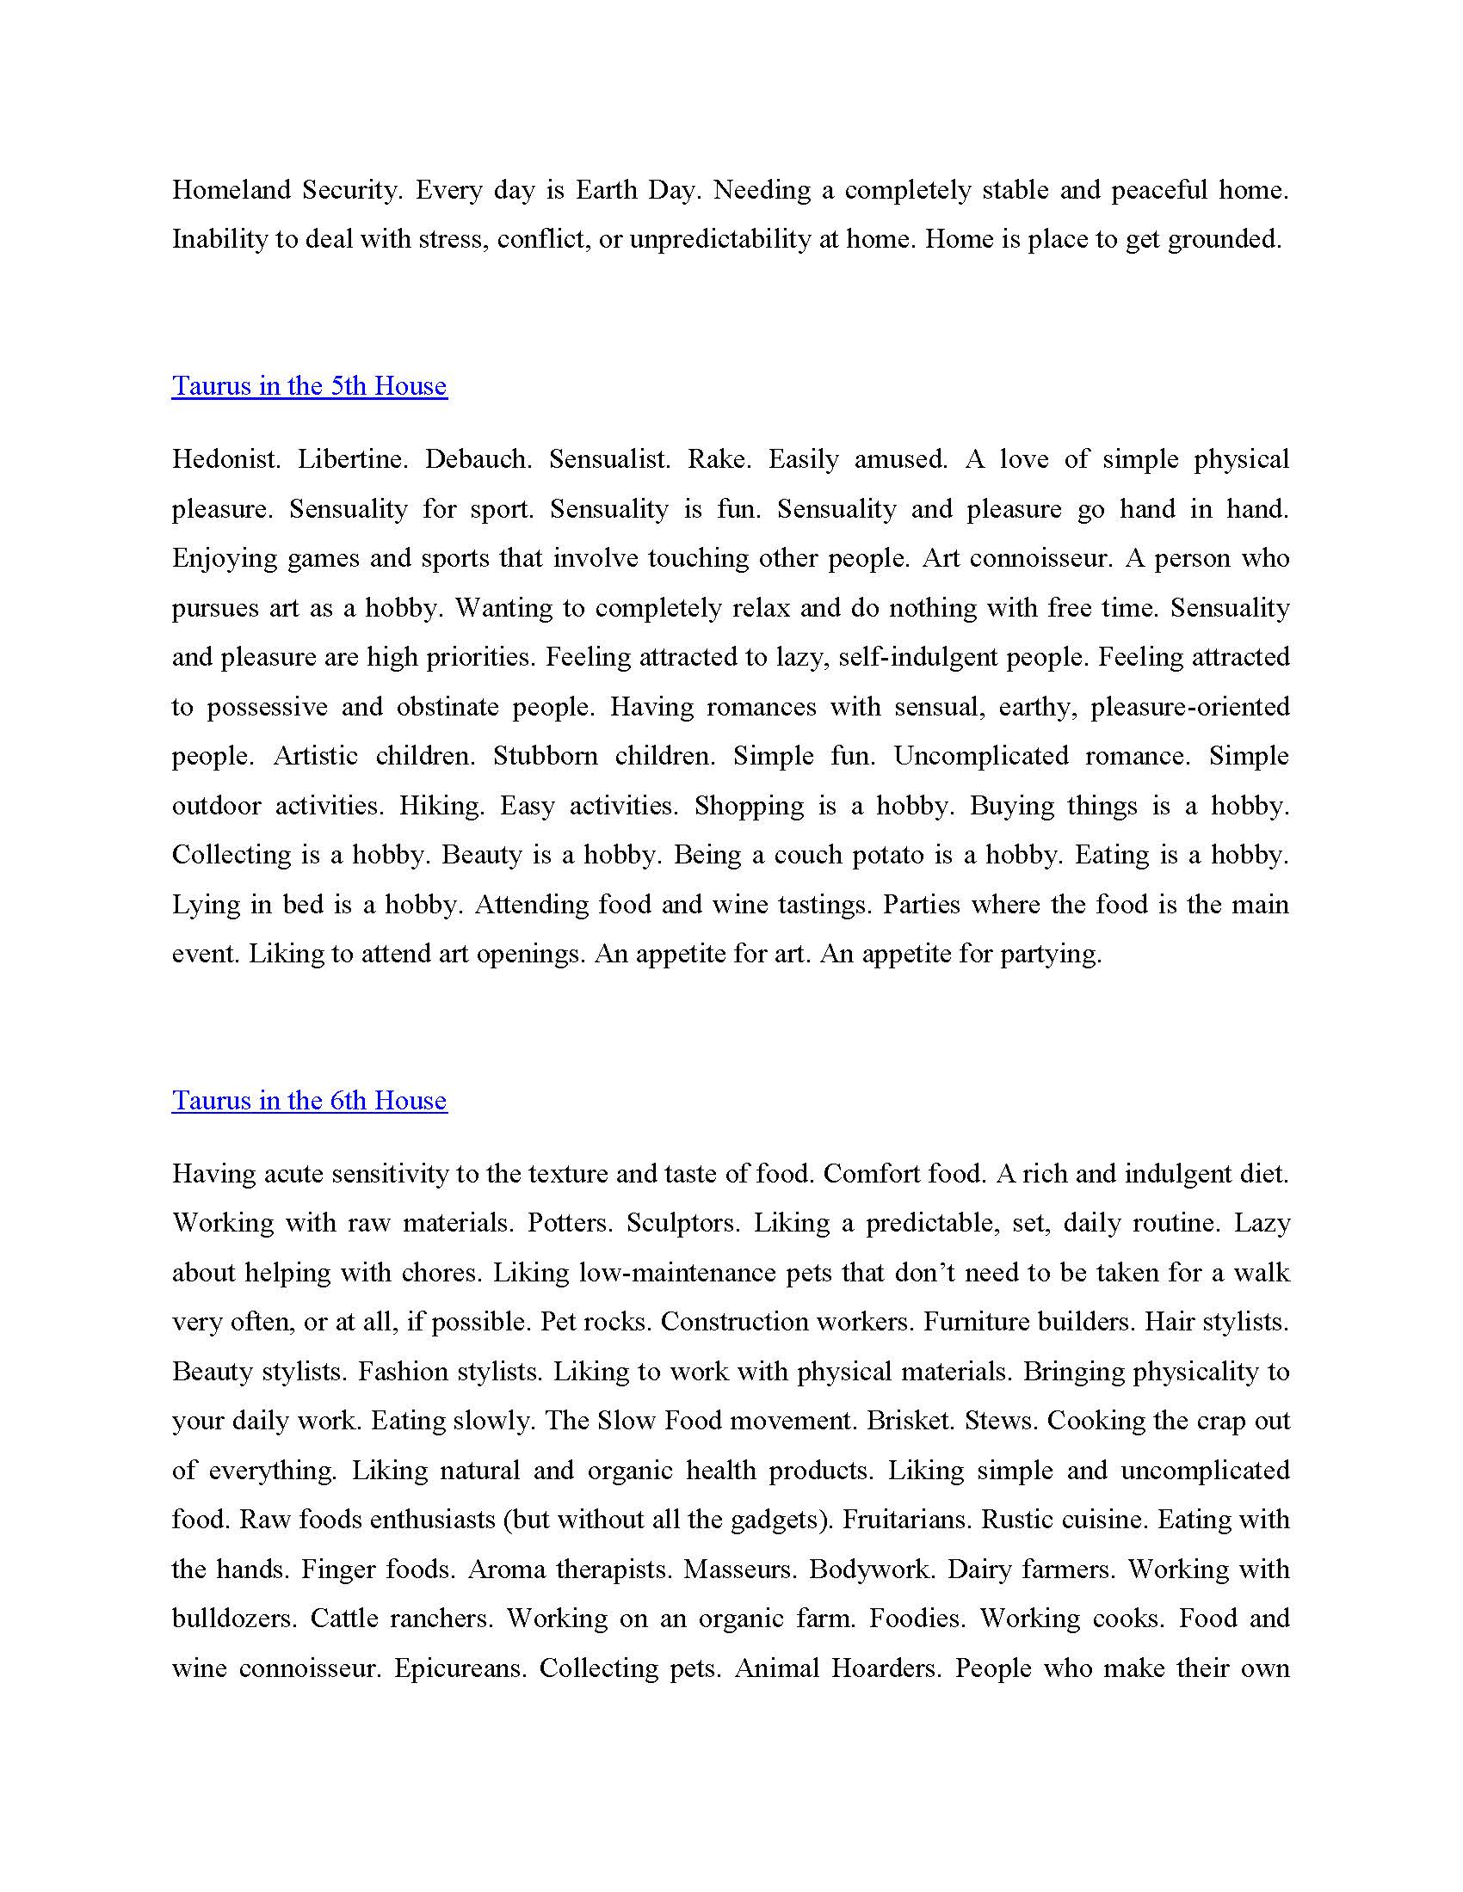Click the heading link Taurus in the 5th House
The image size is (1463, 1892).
point(310,385)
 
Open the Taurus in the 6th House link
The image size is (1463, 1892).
point(310,1100)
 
